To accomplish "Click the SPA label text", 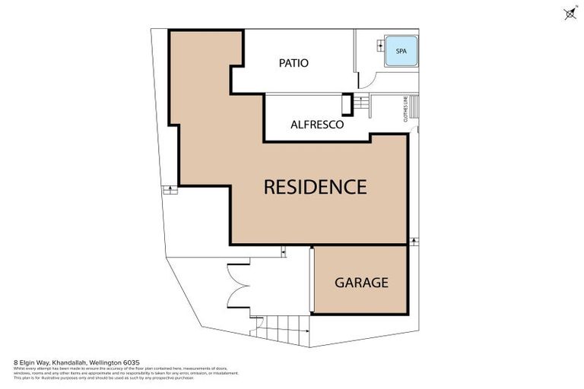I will click(401, 51).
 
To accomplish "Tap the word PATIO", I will click(294, 63).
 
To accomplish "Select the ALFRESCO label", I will click(317, 124).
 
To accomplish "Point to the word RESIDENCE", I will click(315, 187).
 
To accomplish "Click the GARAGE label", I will click(361, 283).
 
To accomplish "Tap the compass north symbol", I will click(570, 13).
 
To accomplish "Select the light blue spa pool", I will click(401, 51).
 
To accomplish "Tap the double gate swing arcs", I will click(239, 285).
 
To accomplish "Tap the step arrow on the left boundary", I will click(170, 190).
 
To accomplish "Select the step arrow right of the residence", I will click(414, 241).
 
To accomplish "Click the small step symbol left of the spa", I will click(379, 46).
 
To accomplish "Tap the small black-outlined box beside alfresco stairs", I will click(347, 104).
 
